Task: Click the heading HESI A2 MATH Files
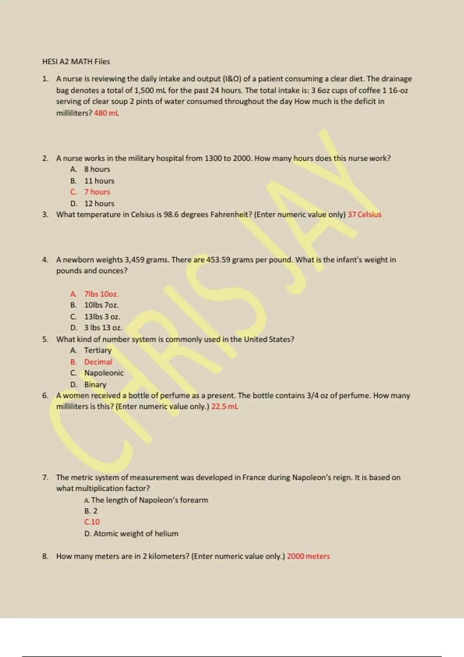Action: tap(76, 61)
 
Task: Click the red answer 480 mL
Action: tap(106, 113)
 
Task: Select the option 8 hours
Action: tap(97, 169)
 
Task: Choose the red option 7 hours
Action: tap(97, 192)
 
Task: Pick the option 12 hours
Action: tap(99, 204)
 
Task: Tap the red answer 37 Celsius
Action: tap(364, 214)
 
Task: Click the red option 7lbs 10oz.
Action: tap(101, 294)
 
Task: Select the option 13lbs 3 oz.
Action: tap(102, 317)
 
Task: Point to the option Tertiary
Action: tap(98, 351)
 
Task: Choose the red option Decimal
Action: tap(98, 362)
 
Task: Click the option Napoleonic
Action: tap(104, 373)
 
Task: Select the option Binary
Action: tap(95, 385)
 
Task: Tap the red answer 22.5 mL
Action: tap(225, 407)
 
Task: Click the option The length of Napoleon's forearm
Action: tap(149, 500)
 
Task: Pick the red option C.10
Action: tap(92, 522)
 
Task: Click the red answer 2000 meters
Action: tap(308, 557)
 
